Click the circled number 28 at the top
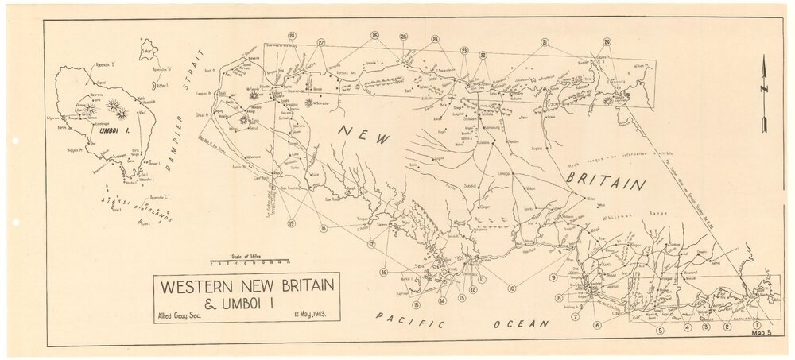pyautogui.click(x=293, y=36)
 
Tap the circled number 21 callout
pyautogui.click(x=545, y=42)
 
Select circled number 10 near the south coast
pyautogui.click(x=512, y=288)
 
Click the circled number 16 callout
pyautogui.click(x=384, y=273)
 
